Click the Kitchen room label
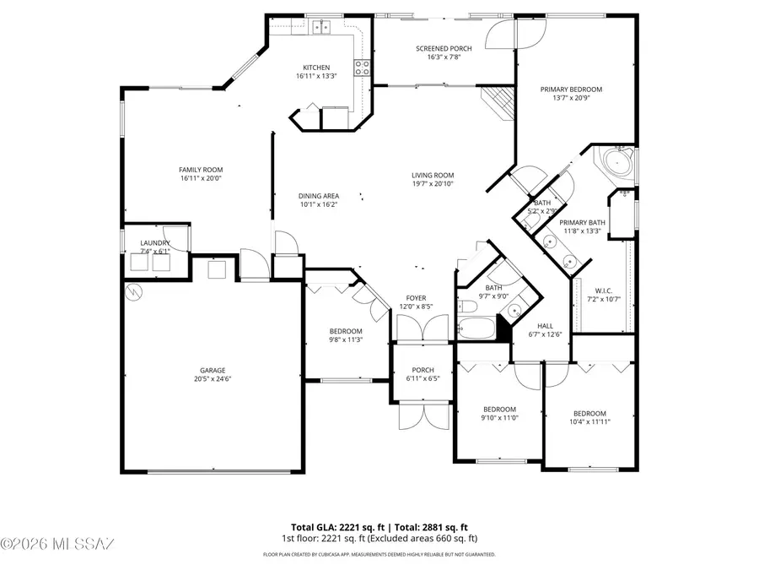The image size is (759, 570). [x=317, y=68]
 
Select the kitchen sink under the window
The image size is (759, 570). [x=321, y=27]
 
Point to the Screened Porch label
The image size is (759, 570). [x=444, y=48]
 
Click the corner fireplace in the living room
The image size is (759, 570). [x=498, y=102]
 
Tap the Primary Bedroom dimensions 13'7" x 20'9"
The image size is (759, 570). [x=578, y=98]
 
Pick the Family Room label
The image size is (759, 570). [x=201, y=169]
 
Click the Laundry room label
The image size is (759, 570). [x=155, y=242]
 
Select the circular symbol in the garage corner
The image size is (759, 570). [x=133, y=291]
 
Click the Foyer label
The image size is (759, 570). [x=416, y=297]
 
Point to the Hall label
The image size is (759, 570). [x=545, y=325]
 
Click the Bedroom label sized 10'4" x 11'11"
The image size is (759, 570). [x=589, y=413]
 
